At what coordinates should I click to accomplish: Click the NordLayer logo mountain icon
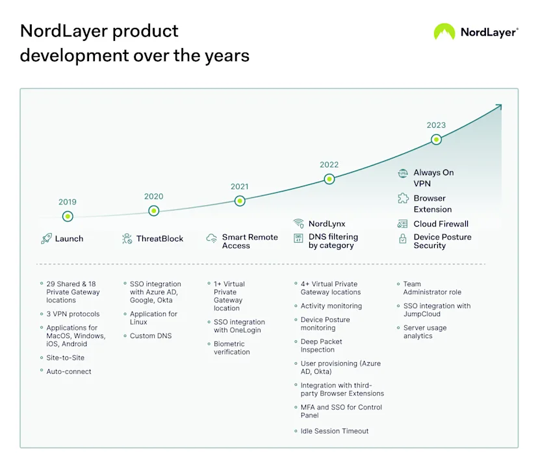pyautogui.click(x=444, y=32)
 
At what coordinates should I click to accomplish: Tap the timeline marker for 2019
pyautogui.click(x=68, y=216)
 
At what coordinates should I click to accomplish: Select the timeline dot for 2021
pyautogui.click(x=240, y=201)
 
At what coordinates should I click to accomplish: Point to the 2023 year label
pyautogui.click(x=436, y=125)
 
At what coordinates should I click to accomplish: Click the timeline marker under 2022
pyautogui.click(x=329, y=179)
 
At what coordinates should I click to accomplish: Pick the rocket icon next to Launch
pyautogui.click(x=46, y=239)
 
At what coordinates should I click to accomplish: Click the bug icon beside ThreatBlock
pyautogui.click(x=127, y=239)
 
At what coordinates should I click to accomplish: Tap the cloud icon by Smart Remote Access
pyautogui.click(x=212, y=239)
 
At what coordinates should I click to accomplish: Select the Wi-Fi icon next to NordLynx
pyautogui.click(x=298, y=223)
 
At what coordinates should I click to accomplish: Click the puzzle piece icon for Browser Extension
pyautogui.click(x=403, y=199)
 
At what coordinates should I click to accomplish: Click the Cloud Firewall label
pyautogui.click(x=441, y=224)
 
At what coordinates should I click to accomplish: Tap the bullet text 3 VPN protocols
pyautogui.click(x=73, y=314)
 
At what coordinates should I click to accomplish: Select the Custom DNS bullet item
pyautogui.click(x=151, y=336)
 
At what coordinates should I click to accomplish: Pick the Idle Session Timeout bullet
pyautogui.click(x=334, y=431)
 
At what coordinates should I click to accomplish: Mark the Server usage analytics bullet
pyautogui.click(x=425, y=332)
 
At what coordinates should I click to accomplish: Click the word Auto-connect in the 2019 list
pyautogui.click(x=69, y=371)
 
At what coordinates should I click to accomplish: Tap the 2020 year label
pyautogui.click(x=153, y=197)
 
